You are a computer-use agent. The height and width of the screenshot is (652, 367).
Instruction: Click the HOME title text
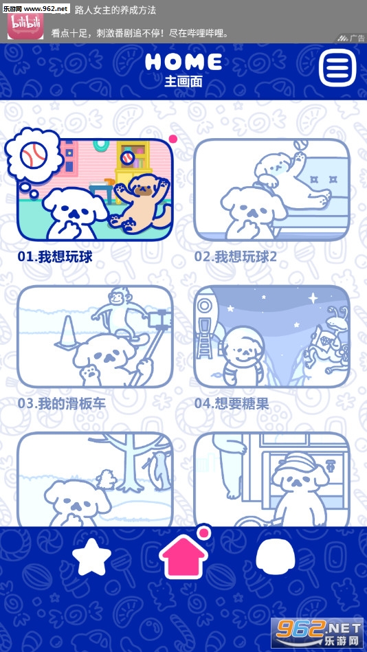[x=183, y=62]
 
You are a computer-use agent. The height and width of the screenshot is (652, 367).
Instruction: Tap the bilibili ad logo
[x=25, y=26]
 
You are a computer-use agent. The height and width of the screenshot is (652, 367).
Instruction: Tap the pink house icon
[x=183, y=557]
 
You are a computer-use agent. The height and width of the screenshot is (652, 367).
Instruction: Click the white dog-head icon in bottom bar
[x=276, y=556]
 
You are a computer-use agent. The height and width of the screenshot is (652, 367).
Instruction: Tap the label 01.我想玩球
[x=54, y=257]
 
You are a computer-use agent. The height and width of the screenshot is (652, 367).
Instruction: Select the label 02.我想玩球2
[x=236, y=257]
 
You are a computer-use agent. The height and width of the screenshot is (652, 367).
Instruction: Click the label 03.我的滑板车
[x=62, y=404]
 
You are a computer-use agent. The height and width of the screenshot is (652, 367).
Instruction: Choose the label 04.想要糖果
[x=232, y=404]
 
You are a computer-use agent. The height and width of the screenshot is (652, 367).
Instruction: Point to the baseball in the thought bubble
[x=34, y=155]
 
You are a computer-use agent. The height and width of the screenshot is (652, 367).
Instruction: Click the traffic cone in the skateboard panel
[x=67, y=331]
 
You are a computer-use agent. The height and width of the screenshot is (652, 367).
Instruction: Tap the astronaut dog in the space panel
[x=242, y=355]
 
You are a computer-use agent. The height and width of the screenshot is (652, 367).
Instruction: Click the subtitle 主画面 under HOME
[x=183, y=81]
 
